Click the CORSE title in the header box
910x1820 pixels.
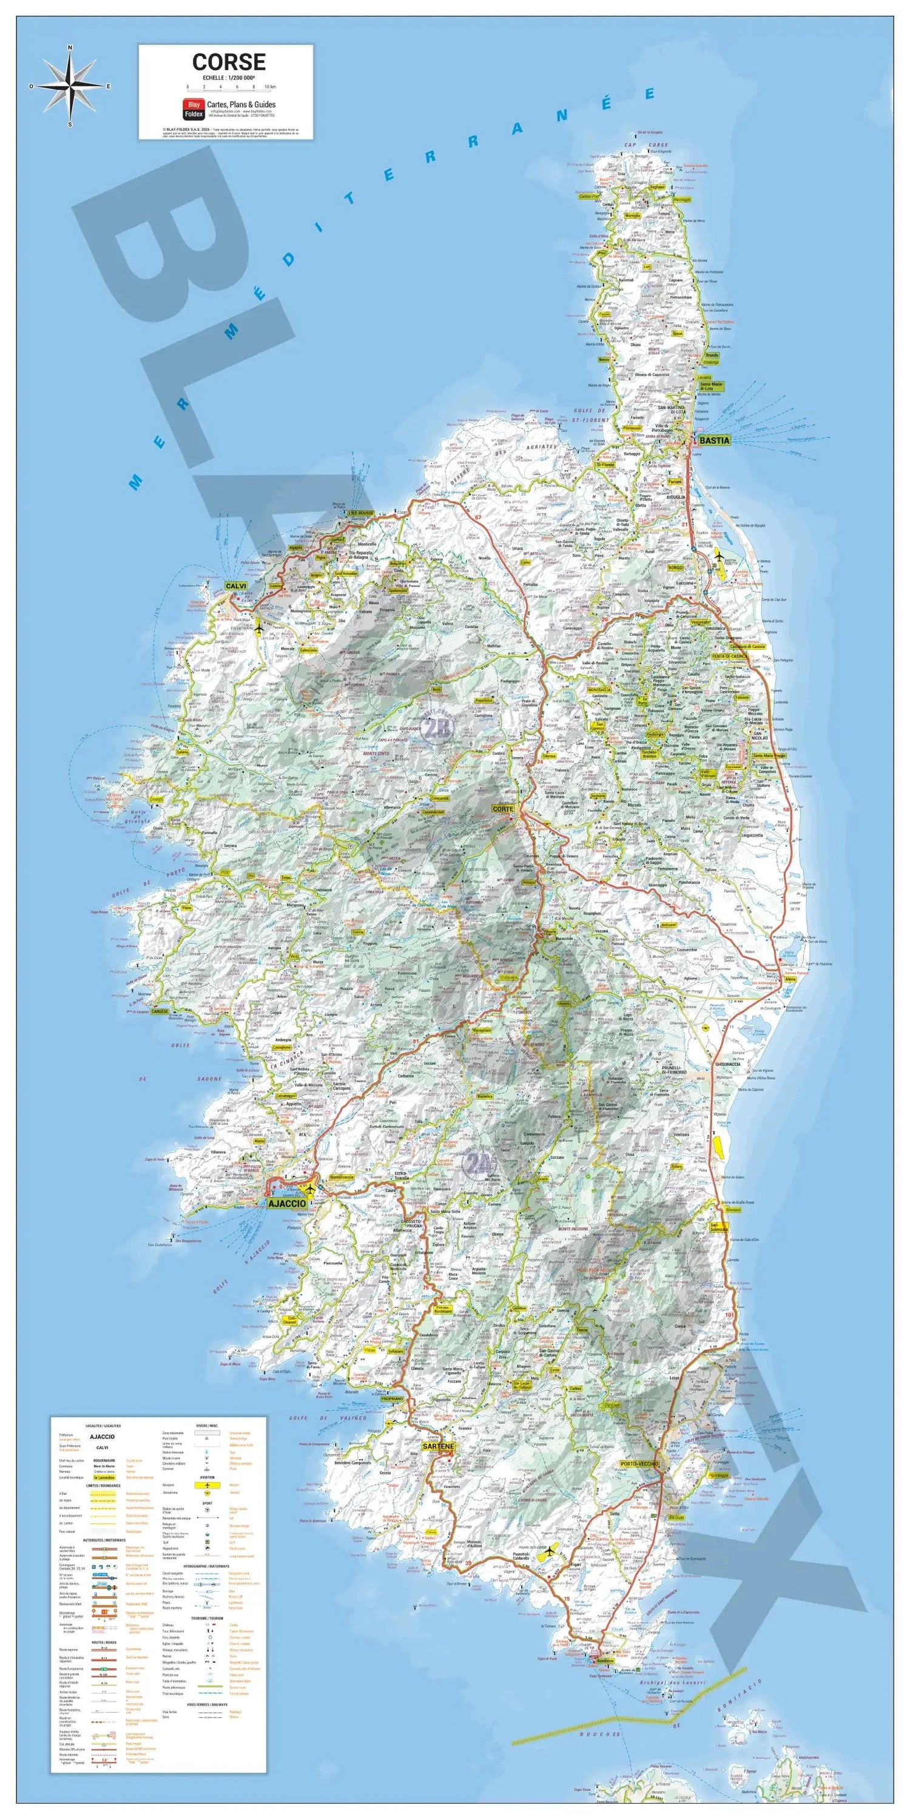click(x=228, y=62)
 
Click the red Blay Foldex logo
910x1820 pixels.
click(x=193, y=108)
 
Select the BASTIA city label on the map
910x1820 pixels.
click(x=713, y=440)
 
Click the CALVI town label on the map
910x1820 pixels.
click(x=235, y=585)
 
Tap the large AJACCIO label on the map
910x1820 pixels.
click(x=286, y=1202)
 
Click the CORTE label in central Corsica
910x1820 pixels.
click(x=502, y=808)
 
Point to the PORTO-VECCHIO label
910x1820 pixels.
click(x=639, y=1463)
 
